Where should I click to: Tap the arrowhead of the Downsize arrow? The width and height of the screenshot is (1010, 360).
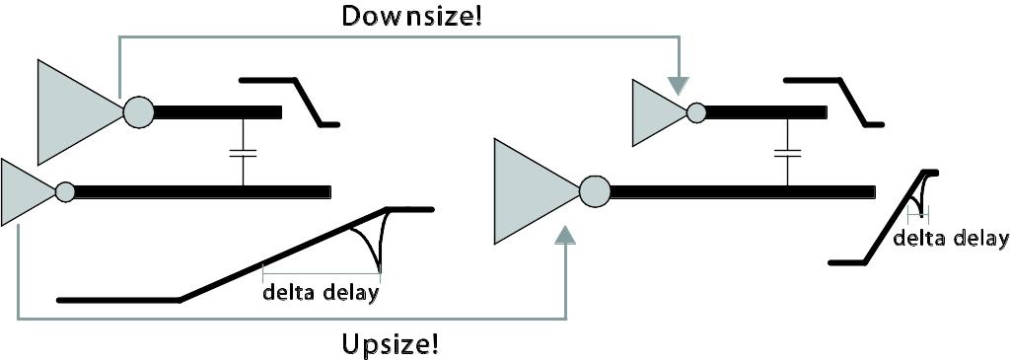678,86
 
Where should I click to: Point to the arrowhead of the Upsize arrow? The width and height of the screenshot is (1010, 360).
565,235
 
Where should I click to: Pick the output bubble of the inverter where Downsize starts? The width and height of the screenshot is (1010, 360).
138,112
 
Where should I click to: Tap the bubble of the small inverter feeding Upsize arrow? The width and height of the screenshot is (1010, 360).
65,192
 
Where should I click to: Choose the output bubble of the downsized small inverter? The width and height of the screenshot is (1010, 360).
695,112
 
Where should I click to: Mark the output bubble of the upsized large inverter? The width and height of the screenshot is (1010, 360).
595,191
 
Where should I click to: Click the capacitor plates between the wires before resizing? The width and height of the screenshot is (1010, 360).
243,153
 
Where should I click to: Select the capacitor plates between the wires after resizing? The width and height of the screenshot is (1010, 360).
787,153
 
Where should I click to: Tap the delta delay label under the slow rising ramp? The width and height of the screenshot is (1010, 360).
320,294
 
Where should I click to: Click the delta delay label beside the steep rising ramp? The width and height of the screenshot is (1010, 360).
951,239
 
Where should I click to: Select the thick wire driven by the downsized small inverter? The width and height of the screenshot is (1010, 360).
766,112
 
